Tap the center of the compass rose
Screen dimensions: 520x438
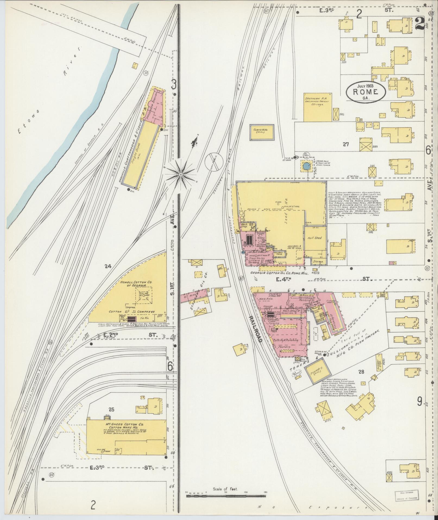[x=181, y=173]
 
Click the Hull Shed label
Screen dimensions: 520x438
[x=315, y=238]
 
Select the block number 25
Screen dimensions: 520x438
[x=111, y=409]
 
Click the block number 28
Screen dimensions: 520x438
[x=361, y=372]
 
